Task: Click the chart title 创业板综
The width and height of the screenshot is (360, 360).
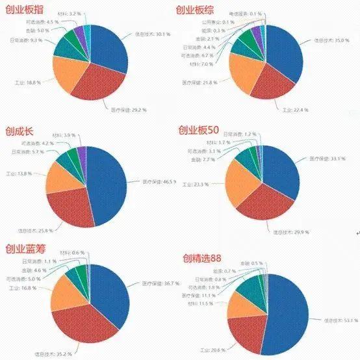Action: click(199, 10)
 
